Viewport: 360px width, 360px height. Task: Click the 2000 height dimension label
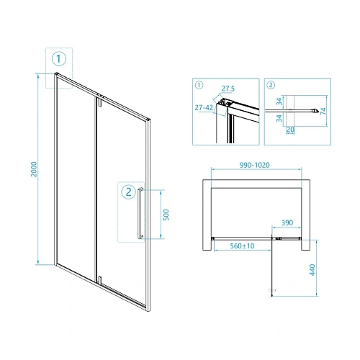click(34, 169)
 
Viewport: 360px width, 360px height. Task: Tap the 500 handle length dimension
click(166, 215)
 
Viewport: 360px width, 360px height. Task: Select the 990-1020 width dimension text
click(254, 165)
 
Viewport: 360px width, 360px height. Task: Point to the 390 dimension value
click(287, 222)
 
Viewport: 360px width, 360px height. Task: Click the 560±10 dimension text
click(242, 246)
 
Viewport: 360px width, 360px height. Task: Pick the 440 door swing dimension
click(312, 270)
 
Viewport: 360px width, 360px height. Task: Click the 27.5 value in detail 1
click(228, 89)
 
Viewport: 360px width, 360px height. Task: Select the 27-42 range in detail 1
click(204, 107)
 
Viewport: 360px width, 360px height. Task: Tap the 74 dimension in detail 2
click(323, 111)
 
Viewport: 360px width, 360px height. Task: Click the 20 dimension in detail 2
click(290, 130)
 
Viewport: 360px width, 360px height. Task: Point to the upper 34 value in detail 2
click(279, 102)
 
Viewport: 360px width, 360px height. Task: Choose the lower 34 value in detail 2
click(279, 118)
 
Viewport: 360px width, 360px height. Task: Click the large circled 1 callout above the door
click(59, 59)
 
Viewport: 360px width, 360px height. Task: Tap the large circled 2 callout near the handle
click(129, 192)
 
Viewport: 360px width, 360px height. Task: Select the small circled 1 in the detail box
click(199, 85)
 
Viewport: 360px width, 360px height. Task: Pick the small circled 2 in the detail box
click(271, 85)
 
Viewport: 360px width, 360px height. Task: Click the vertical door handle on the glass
click(140, 213)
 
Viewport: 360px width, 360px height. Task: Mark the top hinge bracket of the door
click(99, 102)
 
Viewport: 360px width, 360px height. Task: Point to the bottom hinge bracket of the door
click(99, 280)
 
